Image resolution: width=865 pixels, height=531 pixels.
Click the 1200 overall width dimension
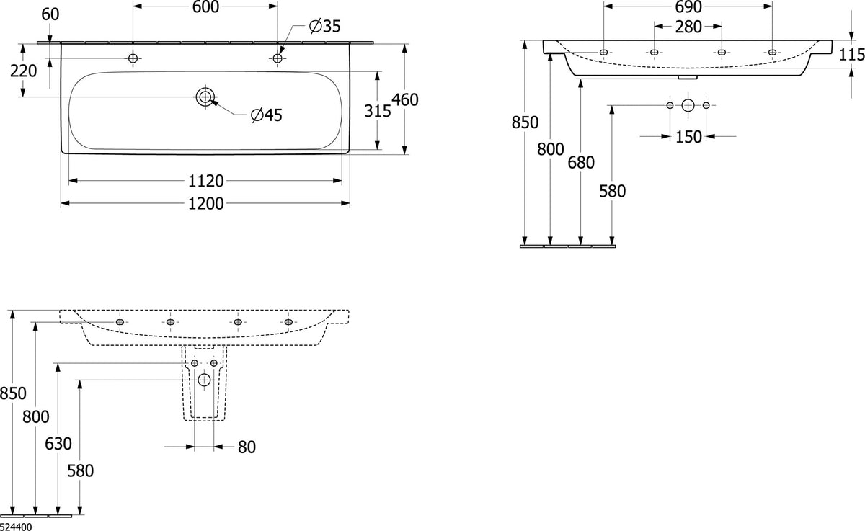tap(206, 203)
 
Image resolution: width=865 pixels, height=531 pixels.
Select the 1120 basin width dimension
tap(206, 181)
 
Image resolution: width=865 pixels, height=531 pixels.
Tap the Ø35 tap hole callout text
tap(325, 26)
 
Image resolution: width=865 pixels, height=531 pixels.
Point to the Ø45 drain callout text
tap(267, 115)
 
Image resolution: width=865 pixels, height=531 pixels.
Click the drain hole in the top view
tap(205, 97)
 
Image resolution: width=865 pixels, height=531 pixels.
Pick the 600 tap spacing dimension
tap(206, 7)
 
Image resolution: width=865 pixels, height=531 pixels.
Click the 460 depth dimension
tap(405, 99)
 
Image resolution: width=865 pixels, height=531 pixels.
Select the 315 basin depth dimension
tap(378, 111)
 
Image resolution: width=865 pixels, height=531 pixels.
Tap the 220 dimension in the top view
tap(24, 71)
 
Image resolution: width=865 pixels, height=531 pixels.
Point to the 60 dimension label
tap(50, 14)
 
